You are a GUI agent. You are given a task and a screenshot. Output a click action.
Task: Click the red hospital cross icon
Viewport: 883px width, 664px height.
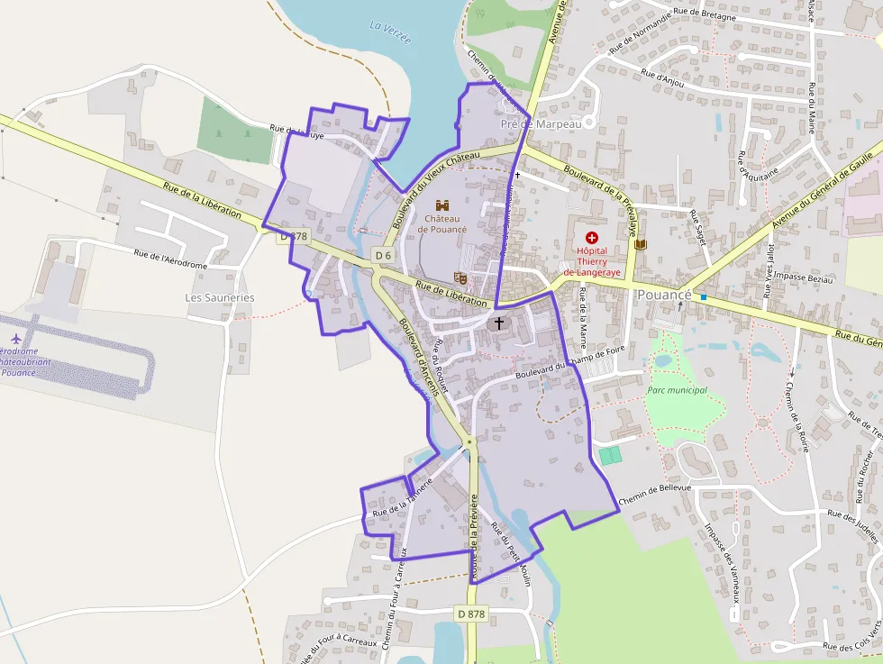pyautogui.click(x=592, y=236)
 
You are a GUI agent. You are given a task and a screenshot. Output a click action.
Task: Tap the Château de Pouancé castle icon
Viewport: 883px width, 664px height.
pyautogui.click(x=442, y=205)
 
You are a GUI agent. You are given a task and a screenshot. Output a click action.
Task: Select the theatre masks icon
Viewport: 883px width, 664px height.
pyautogui.click(x=460, y=278)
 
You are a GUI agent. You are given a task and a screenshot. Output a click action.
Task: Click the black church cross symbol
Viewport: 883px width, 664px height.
pyautogui.click(x=500, y=322)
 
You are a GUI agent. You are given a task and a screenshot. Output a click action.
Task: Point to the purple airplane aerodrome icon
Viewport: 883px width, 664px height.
pyautogui.click(x=15, y=338)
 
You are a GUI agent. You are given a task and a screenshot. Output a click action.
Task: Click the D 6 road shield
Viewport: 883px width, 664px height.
pyautogui.click(x=383, y=256)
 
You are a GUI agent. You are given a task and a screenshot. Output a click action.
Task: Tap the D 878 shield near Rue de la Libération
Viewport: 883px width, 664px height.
pyautogui.click(x=294, y=236)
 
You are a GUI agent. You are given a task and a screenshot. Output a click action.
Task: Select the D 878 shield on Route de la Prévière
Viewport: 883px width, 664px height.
pyautogui.click(x=471, y=614)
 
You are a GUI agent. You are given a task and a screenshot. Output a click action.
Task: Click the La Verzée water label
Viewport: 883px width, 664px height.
pyautogui.click(x=390, y=32)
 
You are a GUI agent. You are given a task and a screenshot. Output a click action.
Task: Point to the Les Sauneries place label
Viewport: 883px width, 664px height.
pyautogui.click(x=220, y=297)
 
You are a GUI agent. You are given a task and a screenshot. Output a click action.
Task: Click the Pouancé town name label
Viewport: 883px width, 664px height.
pyautogui.click(x=664, y=295)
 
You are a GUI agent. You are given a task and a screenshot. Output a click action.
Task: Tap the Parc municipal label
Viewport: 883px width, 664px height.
pyautogui.click(x=677, y=390)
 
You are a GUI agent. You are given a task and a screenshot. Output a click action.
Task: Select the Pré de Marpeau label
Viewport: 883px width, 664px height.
pyautogui.click(x=542, y=123)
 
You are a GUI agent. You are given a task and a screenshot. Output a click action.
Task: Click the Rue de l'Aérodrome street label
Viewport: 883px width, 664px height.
pyautogui.click(x=170, y=259)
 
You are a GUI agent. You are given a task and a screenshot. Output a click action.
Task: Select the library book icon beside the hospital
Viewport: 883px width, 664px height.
pyautogui.click(x=641, y=244)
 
